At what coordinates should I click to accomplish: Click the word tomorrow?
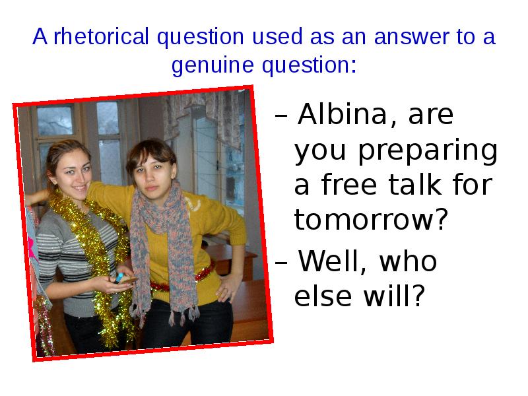click(x=367, y=220)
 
